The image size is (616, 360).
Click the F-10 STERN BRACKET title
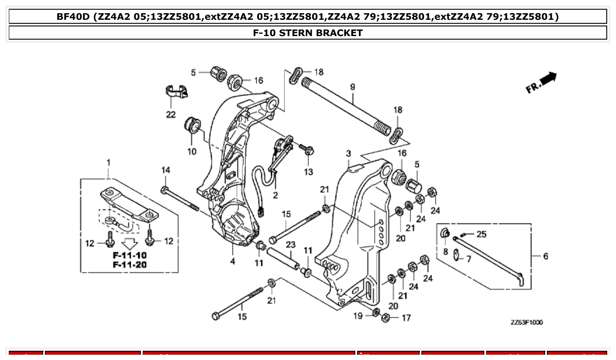coord(308,33)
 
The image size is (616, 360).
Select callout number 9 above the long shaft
coord(352,87)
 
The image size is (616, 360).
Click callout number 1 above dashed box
coord(108,162)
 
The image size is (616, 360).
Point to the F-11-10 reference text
coord(129,255)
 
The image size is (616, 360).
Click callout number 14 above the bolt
coord(165,170)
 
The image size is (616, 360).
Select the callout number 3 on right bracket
coord(348,154)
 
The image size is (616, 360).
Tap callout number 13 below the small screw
coord(308,172)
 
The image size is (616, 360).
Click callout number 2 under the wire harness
coord(275,195)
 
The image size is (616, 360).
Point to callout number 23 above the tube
coord(290,245)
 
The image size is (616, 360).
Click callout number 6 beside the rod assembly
coord(546,256)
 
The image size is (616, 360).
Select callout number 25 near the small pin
coord(481,234)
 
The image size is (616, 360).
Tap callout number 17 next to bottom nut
coord(406,317)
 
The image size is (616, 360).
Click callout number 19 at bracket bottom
coord(358,316)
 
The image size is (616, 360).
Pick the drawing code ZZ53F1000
coord(527,323)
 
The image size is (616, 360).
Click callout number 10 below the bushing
coord(192,152)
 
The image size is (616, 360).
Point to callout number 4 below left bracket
coord(232,261)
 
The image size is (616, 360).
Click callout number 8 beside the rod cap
coord(446,251)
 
